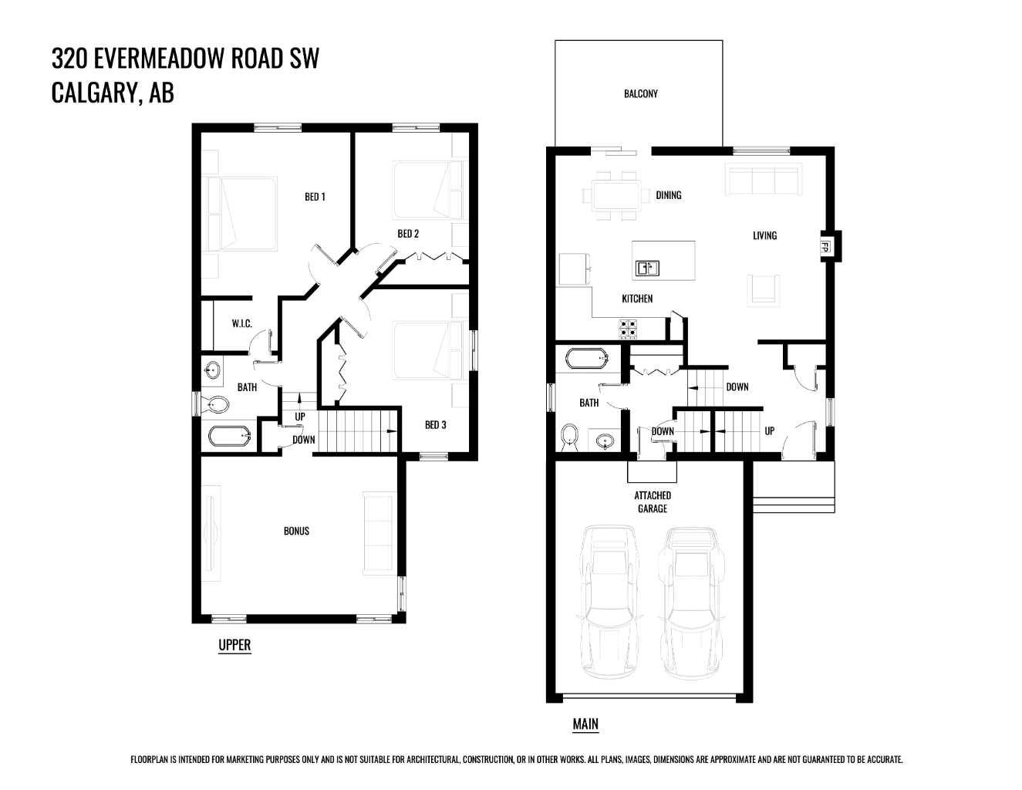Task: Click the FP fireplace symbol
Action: (x=825, y=247)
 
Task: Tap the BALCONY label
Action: (x=640, y=93)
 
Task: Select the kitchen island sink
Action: (x=646, y=268)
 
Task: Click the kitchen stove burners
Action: (x=628, y=329)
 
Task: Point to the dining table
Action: (x=616, y=194)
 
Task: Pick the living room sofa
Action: (x=762, y=180)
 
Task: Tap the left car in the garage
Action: (x=611, y=602)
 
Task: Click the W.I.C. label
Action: (x=241, y=323)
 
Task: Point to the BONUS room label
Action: (x=296, y=531)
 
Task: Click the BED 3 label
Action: (x=435, y=424)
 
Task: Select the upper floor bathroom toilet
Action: (x=216, y=404)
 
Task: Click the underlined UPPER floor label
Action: (x=234, y=645)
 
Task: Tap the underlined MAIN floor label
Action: (x=585, y=724)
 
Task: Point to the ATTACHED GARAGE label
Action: (x=653, y=501)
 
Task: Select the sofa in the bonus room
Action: (x=378, y=532)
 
